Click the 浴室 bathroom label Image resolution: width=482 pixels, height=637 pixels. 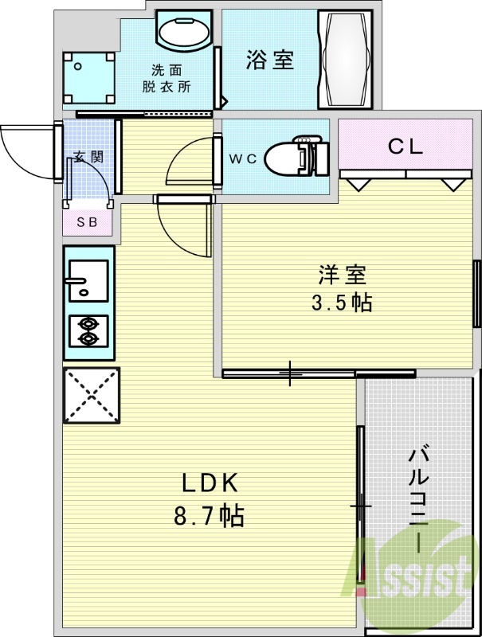pyautogui.click(x=269, y=60)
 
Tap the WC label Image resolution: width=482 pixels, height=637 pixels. pyautogui.click(x=244, y=158)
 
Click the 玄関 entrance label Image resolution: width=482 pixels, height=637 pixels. pyautogui.click(x=88, y=157)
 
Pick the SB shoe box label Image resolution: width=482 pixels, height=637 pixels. pyautogui.click(x=87, y=222)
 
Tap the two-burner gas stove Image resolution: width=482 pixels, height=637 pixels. pyautogui.click(x=88, y=331)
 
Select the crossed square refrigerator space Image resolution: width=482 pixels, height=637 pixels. pyautogui.click(x=91, y=396)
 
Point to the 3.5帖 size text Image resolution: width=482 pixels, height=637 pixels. pyautogui.click(x=343, y=303)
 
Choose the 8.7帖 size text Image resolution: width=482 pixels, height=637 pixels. pyautogui.click(x=209, y=516)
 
